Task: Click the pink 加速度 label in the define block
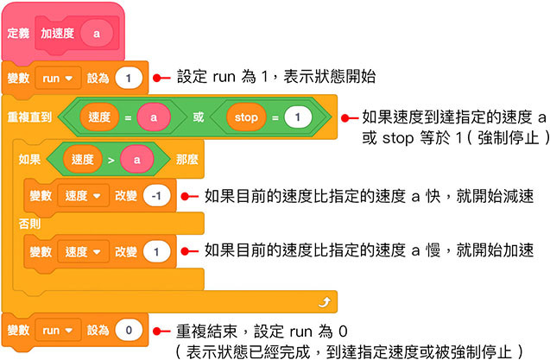(57, 33)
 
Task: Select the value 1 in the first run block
(127, 78)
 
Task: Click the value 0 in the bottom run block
(127, 330)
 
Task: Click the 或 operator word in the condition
(198, 117)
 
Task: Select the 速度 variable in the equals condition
(98, 117)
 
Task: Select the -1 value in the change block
(156, 196)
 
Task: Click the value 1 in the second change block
(156, 252)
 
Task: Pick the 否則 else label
(28, 224)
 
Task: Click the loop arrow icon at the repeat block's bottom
(325, 301)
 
